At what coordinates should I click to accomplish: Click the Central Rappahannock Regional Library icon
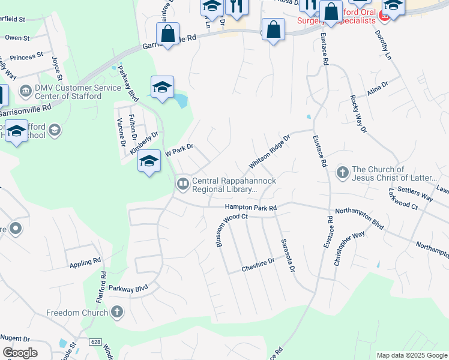tap(182, 184)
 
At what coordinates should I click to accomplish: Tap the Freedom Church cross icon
tap(117, 312)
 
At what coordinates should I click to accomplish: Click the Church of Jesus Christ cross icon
tap(342, 173)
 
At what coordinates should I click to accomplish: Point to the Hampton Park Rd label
tap(250, 208)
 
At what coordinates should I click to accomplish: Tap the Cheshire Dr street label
tap(258, 261)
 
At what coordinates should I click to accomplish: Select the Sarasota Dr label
tap(288, 254)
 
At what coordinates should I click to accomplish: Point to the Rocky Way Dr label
tap(358, 113)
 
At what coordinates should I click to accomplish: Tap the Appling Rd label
tap(85, 262)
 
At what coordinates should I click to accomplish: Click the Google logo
tap(20, 353)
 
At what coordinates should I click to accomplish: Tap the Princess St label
tap(26, 55)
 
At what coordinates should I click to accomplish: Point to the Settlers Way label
tap(418, 195)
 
